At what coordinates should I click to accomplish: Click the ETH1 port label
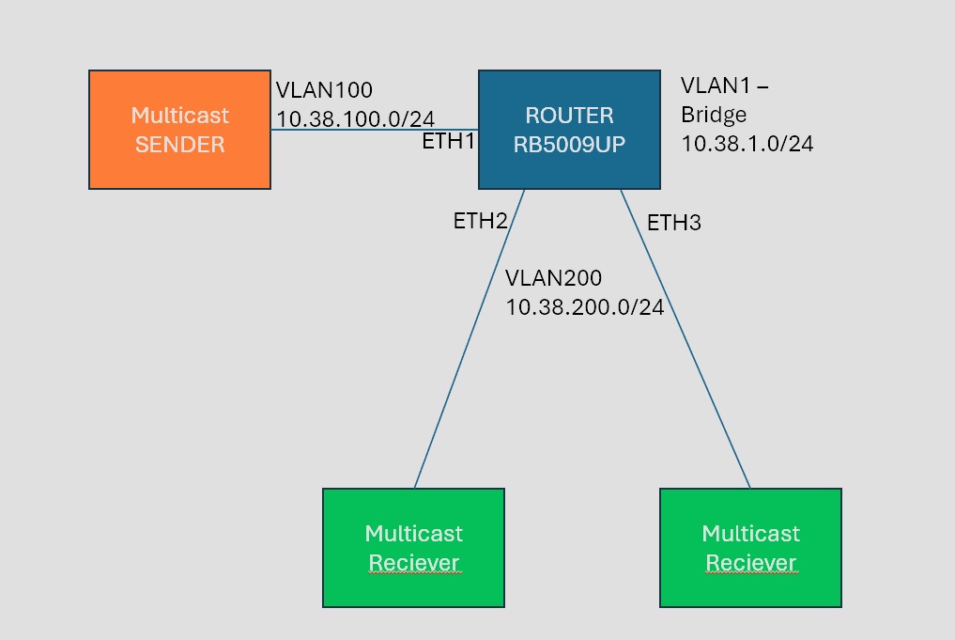pos(450,142)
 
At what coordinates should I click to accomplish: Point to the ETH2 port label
pos(480,222)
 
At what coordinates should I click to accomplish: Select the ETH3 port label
pos(673,224)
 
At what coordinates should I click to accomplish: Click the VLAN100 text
pos(324,91)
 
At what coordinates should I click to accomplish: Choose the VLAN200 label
pos(553,279)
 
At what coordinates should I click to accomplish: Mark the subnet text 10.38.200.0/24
pos(584,307)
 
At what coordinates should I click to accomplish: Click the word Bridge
pos(715,115)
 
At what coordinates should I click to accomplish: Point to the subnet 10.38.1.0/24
pos(747,144)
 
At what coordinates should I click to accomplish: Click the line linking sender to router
pos(376,131)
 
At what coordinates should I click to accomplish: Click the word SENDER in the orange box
pos(178,145)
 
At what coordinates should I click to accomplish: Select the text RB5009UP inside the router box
pos(569,144)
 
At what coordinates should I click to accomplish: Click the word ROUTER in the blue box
pos(569,116)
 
